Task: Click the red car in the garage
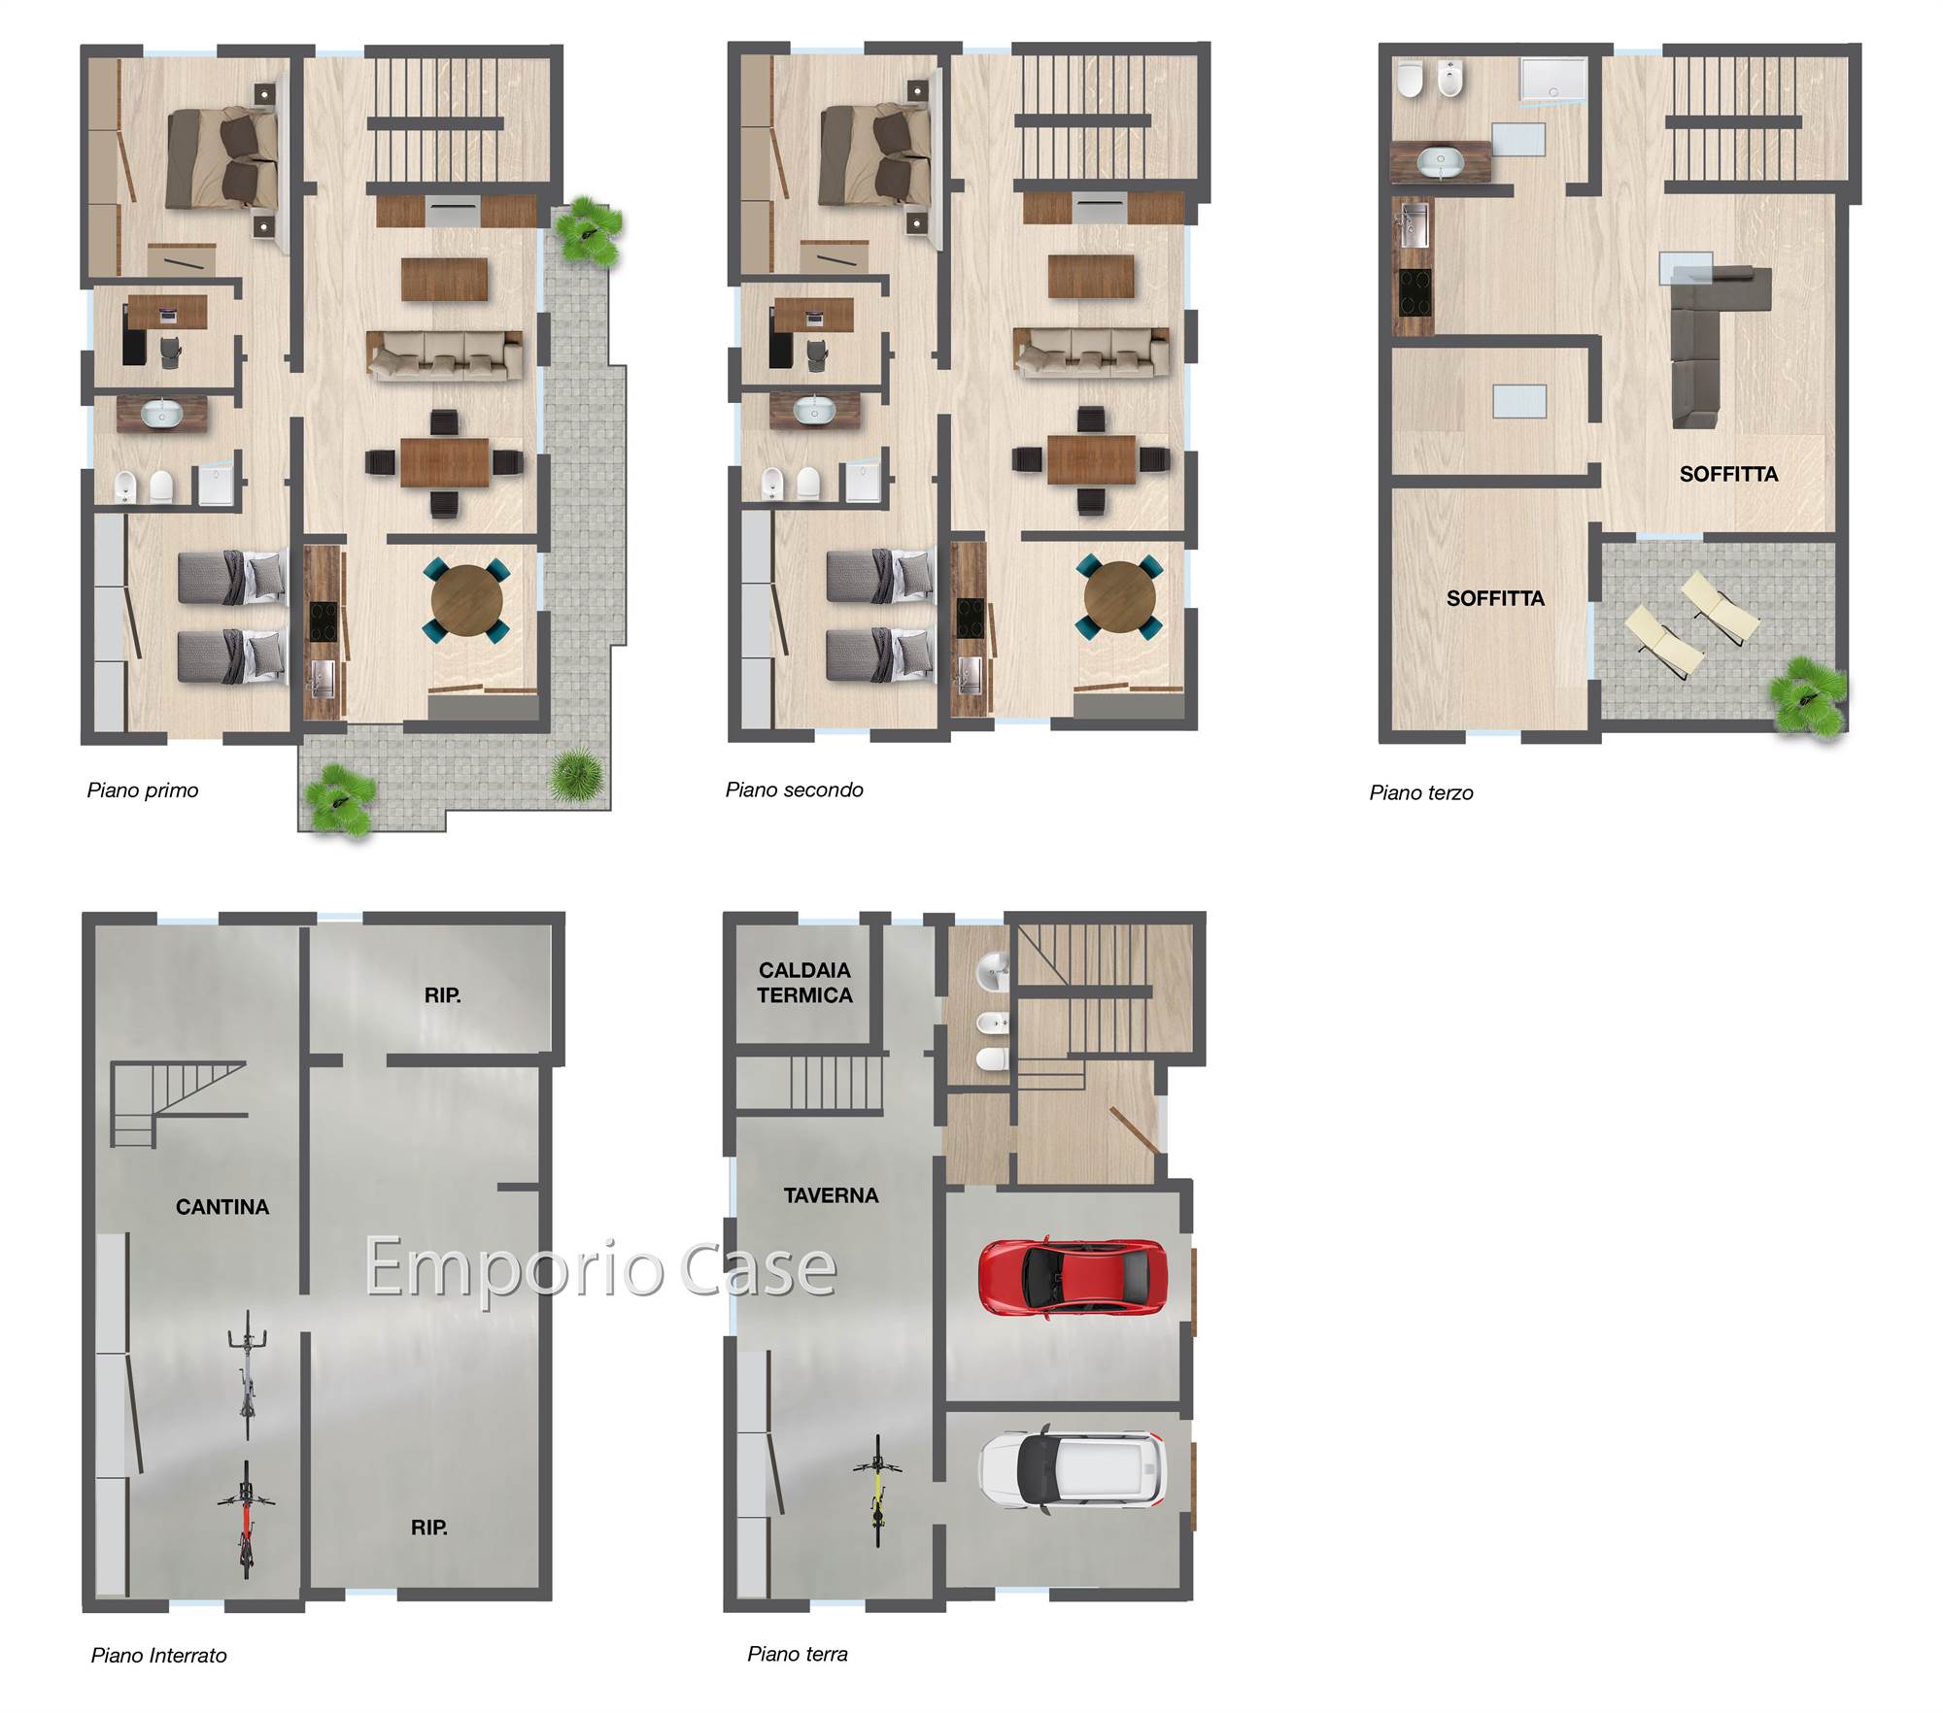1072,1277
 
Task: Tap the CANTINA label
222,1207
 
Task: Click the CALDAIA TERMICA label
804,983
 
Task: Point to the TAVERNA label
831,1195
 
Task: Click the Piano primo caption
143,790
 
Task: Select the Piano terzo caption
1421,792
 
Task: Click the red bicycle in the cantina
246,1520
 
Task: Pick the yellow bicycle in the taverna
877,1491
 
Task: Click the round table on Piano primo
467,601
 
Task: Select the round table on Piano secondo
1119,597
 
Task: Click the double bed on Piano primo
222,158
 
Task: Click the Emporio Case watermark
600,1266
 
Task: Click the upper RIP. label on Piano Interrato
442,995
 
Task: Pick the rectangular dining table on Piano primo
445,463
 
